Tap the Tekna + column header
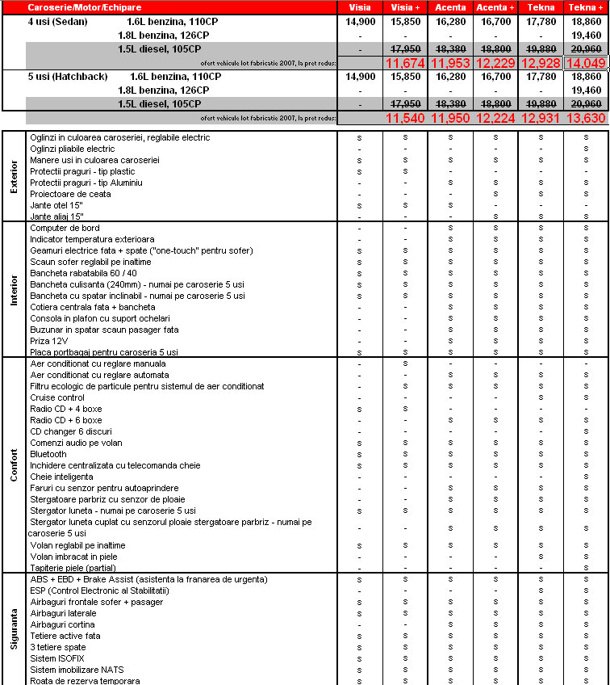click(x=586, y=6)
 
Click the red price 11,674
click(x=406, y=63)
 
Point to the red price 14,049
click(x=586, y=63)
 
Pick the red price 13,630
click(x=586, y=118)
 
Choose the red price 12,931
click(x=541, y=118)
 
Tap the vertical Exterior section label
click(x=14, y=176)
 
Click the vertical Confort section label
click(x=14, y=465)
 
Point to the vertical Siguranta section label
click(x=14, y=630)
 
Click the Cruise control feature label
click(x=57, y=397)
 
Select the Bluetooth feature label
click(x=48, y=454)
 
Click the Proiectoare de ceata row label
click(x=70, y=194)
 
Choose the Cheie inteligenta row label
click(x=61, y=477)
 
